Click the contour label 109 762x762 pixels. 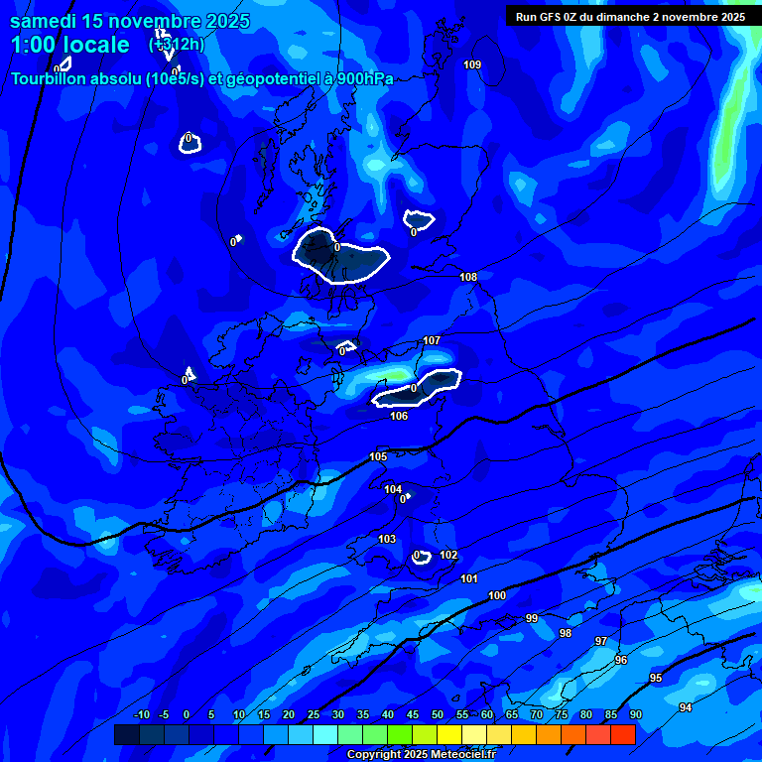click(x=472, y=64)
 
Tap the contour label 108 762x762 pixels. click(x=468, y=277)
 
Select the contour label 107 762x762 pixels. click(x=432, y=340)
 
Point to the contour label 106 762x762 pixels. click(x=399, y=416)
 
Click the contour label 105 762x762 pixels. click(x=378, y=456)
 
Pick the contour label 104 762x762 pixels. click(x=393, y=489)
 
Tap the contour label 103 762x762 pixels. click(x=387, y=539)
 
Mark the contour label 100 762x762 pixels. click(x=497, y=595)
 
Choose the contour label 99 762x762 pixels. click(x=532, y=618)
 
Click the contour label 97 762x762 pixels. click(x=600, y=641)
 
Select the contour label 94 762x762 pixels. click(x=686, y=706)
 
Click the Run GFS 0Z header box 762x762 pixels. click(x=630, y=17)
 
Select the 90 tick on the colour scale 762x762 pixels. click(x=635, y=714)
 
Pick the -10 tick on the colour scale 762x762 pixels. click(x=141, y=714)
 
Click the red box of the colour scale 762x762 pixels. click(x=623, y=734)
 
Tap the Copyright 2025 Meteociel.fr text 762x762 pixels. click(x=421, y=754)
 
